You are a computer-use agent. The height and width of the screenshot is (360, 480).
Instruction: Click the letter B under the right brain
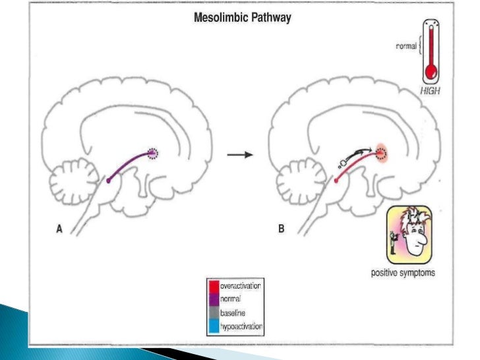click(x=282, y=229)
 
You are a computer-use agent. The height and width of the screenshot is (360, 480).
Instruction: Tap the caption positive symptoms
click(x=402, y=272)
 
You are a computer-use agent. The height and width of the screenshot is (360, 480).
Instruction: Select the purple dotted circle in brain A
click(x=154, y=154)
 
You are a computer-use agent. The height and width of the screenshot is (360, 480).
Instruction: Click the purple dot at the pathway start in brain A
click(x=109, y=179)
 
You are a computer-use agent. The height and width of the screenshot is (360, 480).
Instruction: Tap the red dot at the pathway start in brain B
click(x=336, y=179)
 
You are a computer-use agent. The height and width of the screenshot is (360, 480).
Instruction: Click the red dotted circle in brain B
click(x=380, y=154)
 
